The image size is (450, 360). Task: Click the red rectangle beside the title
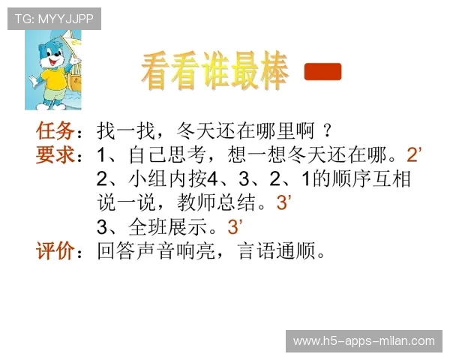point(322,71)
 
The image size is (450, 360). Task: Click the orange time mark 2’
point(415,155)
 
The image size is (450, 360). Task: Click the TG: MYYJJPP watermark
point(54,19)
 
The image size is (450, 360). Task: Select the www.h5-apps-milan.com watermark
point(364,341)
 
